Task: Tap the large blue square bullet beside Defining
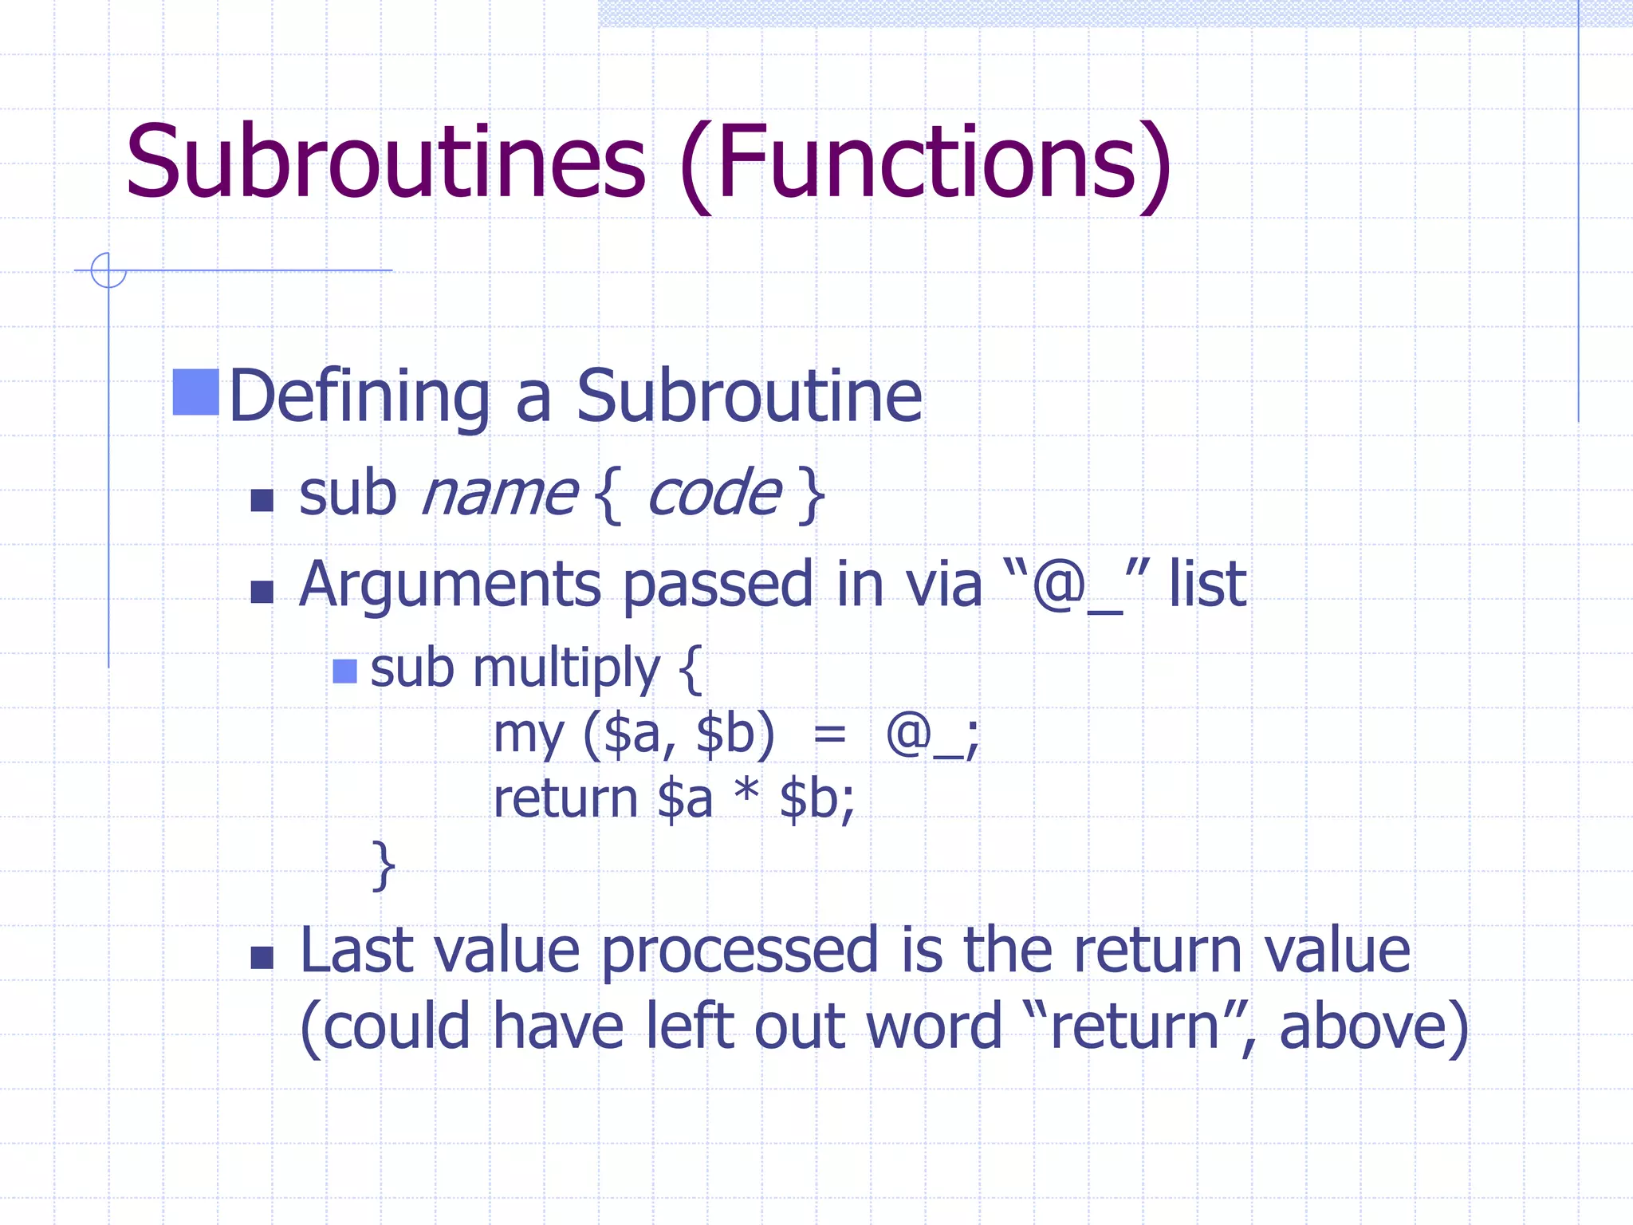(x=195, y=392)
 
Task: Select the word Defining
(x=359, y=396)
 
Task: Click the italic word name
(x=498, y=494)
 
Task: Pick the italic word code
(x=714, y=494)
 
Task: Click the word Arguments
(x=450, y=586)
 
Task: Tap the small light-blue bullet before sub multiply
(x=344, y=672)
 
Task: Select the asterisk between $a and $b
(x=746, y=794)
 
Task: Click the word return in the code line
(x=565, y=799)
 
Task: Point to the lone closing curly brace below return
(x=384, y=865)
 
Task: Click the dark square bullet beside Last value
(x=262, y=957)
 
